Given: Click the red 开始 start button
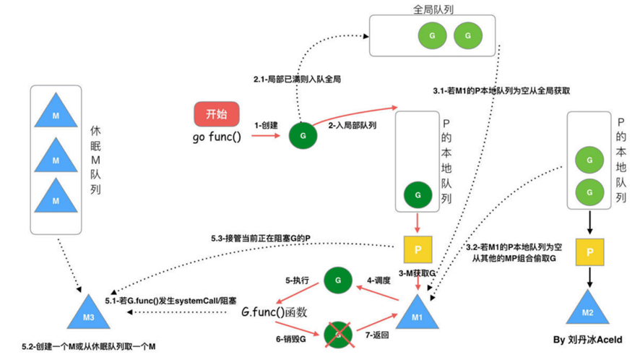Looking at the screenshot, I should (215, 114).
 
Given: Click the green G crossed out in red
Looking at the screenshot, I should (337, 334).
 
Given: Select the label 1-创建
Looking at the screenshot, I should (266, 125).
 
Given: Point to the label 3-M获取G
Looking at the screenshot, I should (418, 273).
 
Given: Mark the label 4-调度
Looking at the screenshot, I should (379, 280).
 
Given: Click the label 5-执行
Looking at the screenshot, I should (297, 280).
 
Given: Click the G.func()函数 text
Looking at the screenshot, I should (274, 312).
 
